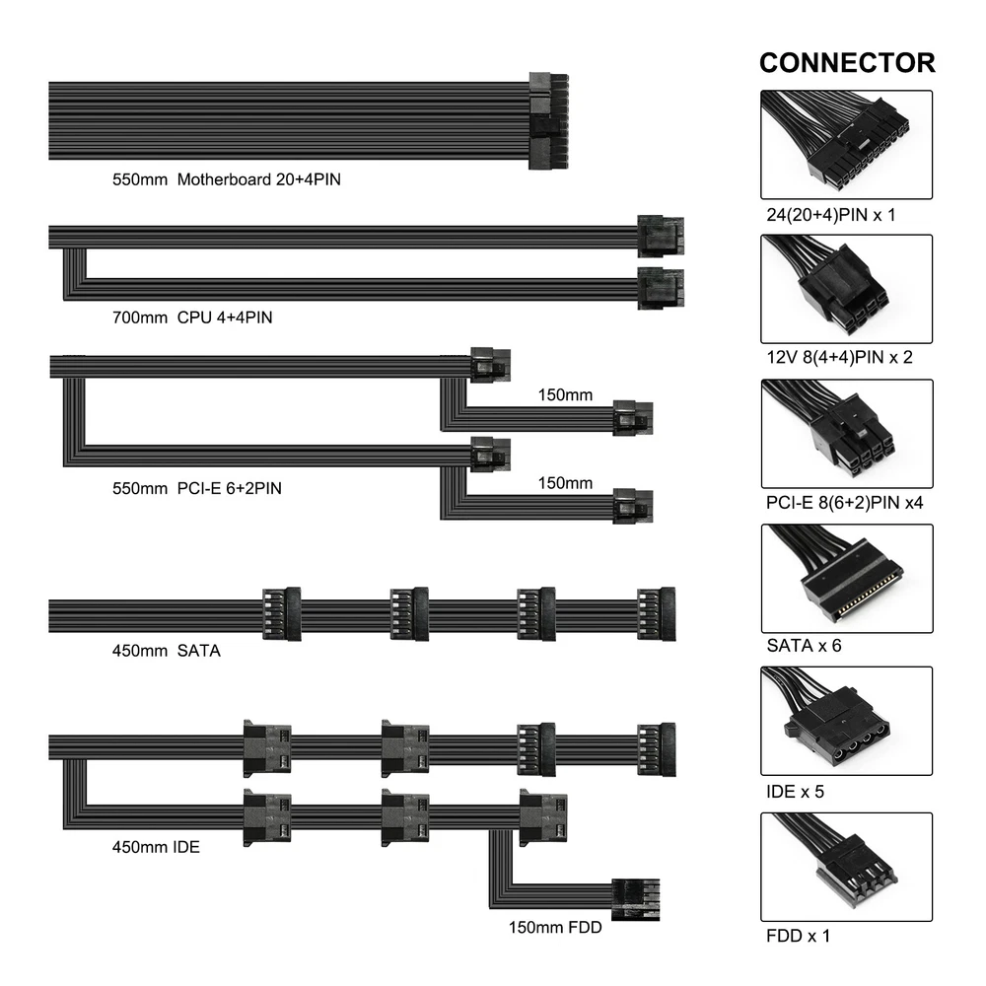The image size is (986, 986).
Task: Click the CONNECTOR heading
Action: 846,63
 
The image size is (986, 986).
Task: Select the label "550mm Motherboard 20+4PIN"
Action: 227,180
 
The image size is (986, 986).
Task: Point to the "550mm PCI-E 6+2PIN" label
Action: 197,487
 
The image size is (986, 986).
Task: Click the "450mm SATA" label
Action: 166,651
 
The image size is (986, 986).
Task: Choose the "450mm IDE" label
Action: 156,846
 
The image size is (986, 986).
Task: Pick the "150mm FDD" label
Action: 555,927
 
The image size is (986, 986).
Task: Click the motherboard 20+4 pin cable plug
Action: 549,120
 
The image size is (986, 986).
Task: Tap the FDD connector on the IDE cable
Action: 634,899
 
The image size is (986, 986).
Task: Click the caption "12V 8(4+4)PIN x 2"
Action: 839,357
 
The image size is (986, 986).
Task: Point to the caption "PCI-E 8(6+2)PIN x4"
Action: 844,503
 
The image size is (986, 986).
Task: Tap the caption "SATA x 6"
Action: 804,647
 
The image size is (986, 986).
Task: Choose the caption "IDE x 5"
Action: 795,791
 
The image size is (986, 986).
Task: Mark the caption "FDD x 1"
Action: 798,935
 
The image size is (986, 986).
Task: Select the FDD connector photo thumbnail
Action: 846,865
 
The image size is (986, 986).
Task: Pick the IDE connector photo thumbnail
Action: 846,721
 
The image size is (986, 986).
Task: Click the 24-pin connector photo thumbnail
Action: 846,145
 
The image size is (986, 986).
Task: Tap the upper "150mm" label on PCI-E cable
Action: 565,396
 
